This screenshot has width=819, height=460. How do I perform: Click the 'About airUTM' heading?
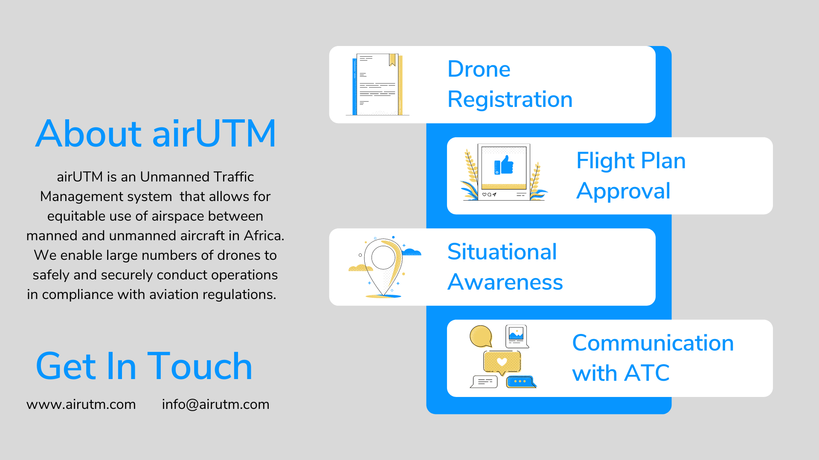[x=156, y=133]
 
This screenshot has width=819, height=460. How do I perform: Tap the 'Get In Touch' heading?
[x=144, y=366]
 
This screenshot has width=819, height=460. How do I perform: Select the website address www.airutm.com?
[x=81, y=404]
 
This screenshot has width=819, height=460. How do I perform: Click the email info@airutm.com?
[x=215, y=404]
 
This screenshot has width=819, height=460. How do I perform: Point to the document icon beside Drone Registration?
[x=378, y=84]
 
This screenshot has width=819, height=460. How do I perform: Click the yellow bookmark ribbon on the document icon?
[x=392, y=60]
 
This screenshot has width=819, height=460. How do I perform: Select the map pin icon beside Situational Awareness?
[x=383, y=267]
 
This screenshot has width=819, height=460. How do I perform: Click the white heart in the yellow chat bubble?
[x=502, y=362]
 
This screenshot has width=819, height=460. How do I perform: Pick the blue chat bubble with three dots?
[x=520, y=382]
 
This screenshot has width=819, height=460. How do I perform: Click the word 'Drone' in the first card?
[x=479, y=69]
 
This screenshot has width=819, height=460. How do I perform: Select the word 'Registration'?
[x=510, y=100]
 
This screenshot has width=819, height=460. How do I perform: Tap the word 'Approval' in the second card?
[x=623, y=191]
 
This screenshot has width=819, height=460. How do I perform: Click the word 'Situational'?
[x=502, y=252]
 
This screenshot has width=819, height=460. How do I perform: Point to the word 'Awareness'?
[x=505, y=282]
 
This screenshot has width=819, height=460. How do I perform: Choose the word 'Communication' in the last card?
[x=653, y=343]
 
